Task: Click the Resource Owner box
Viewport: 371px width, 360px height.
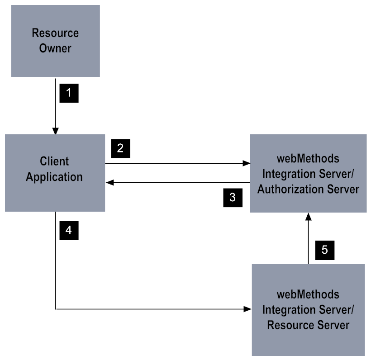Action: [55, 41]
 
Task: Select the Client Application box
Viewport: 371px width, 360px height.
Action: [55, 173]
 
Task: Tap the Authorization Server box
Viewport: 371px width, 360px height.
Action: [308, 173]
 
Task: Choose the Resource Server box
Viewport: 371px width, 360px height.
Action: [308, 309]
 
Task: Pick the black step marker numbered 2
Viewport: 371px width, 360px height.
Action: [120, 149]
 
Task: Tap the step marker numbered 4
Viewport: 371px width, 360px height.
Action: [69, 230]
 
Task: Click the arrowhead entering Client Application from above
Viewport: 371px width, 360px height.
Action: [55, 131]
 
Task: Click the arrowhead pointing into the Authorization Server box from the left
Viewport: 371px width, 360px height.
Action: [246, 163]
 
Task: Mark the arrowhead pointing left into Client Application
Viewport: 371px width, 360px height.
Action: [109, 183]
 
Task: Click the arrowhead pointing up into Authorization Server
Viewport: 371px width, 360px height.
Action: [309, 217]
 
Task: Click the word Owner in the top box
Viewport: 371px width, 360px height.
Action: [55, 48]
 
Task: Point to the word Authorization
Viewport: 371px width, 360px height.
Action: [294, 189]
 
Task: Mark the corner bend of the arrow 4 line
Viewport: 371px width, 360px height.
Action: [55, 309]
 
